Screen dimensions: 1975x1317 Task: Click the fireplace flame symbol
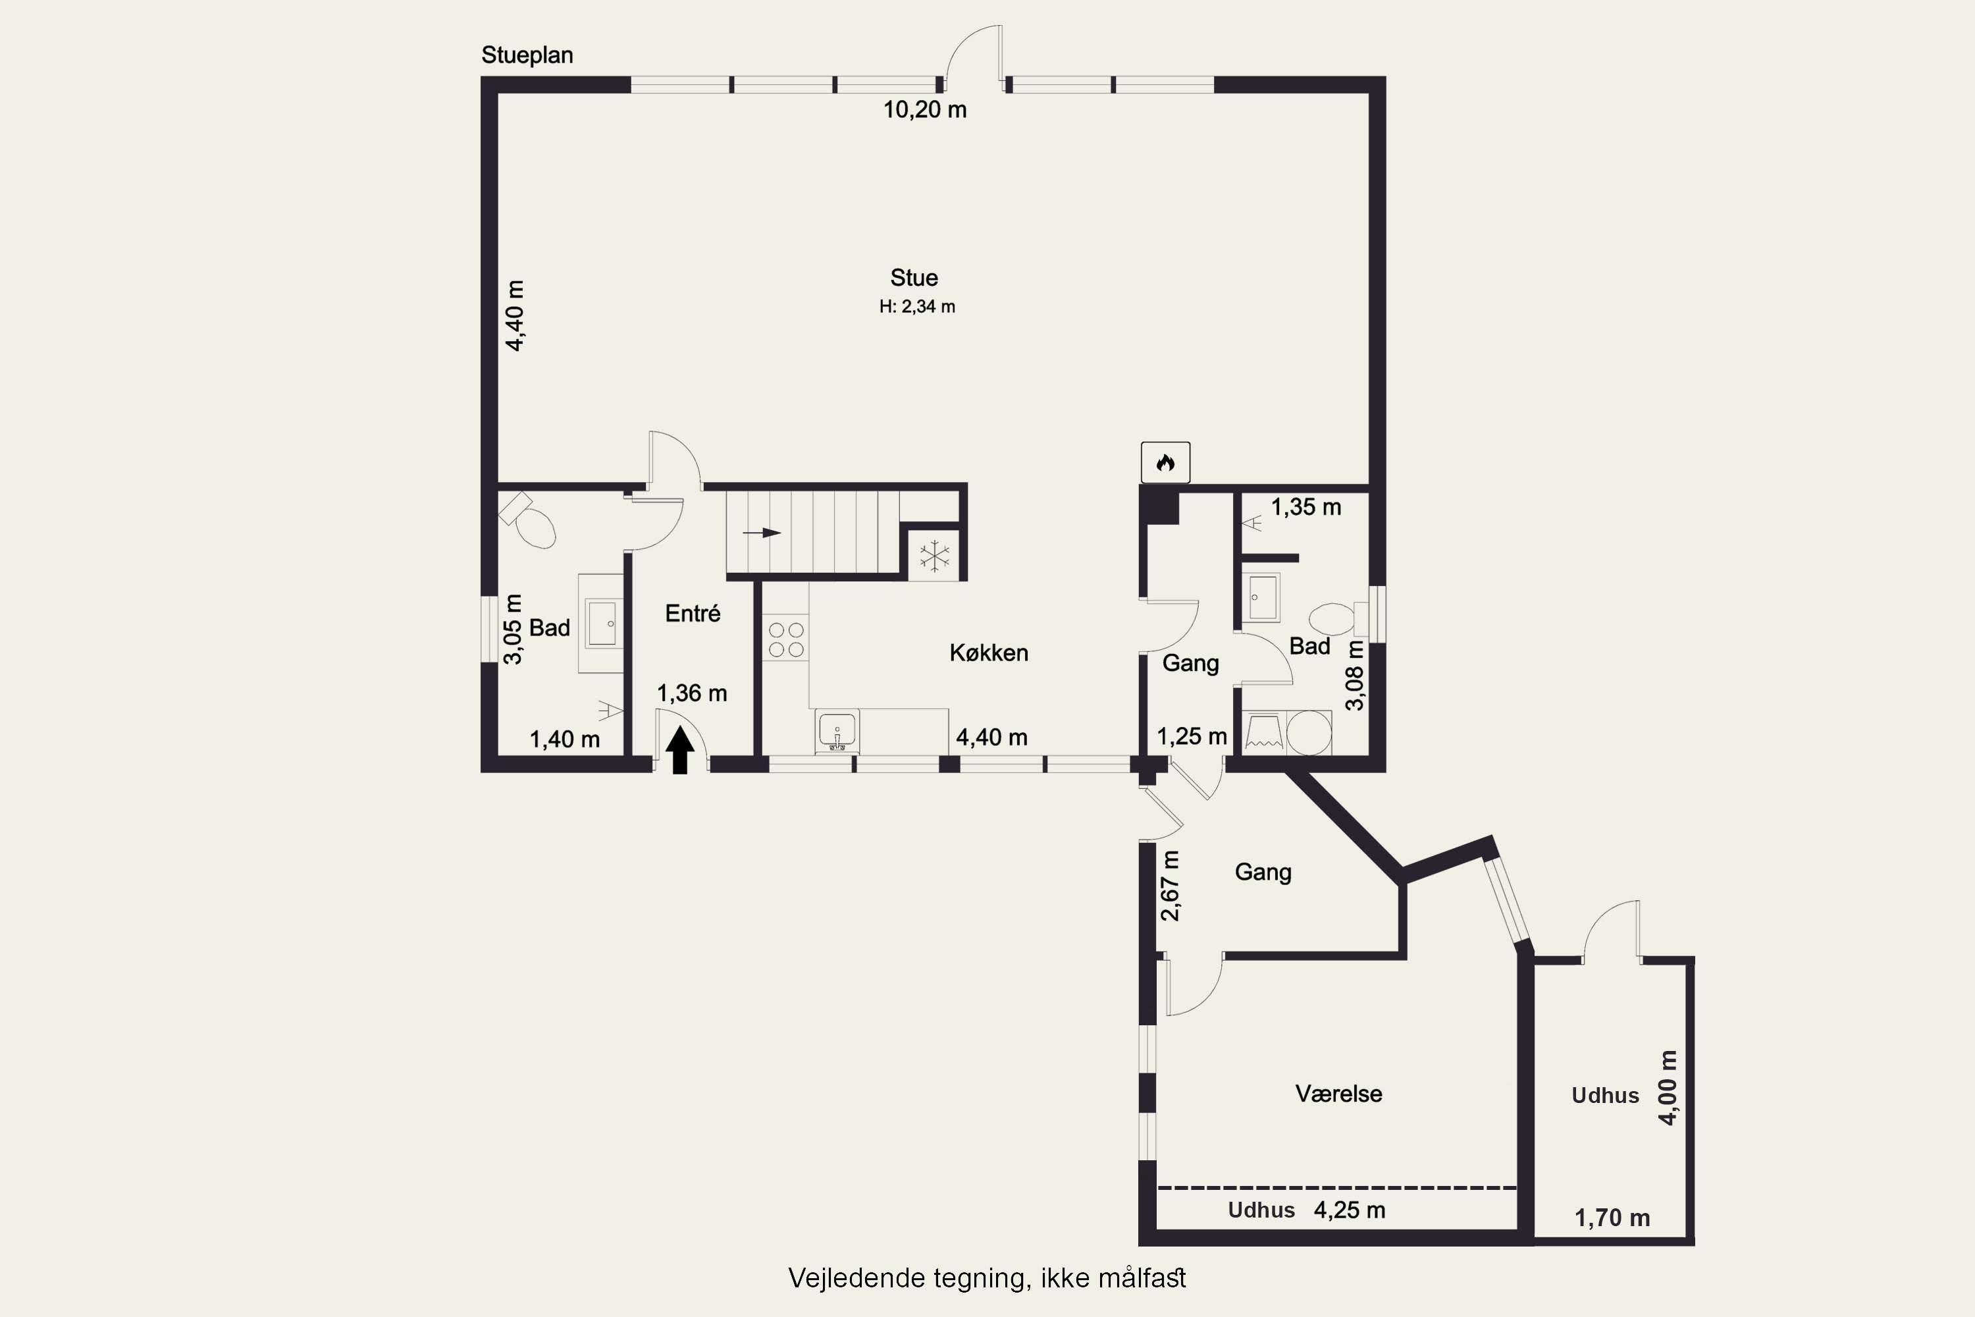coord(1165,462)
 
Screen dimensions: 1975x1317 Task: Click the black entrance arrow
coord(680,750)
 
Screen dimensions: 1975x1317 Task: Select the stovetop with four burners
coord(786,639)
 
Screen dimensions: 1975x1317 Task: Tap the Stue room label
coord(914,278)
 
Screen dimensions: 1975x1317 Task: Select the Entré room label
coord(693,613)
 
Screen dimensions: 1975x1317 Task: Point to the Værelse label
coord(1338,1094)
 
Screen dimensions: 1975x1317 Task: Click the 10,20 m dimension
coord(924,110)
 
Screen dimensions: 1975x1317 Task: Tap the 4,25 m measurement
coord(1350,1210)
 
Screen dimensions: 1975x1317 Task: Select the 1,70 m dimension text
coord(1612,1218)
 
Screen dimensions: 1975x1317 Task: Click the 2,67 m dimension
coord(1170,885)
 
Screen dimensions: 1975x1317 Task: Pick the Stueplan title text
coord(527,55)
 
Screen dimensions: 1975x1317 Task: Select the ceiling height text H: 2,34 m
coord(917,307)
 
